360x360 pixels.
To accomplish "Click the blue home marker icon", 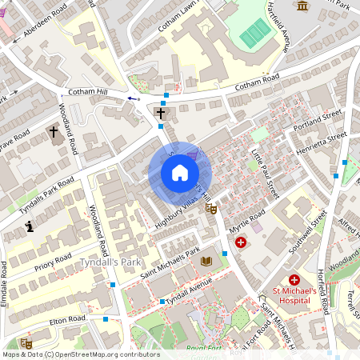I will (x=180, y=173).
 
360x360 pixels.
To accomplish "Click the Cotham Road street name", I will (x=257, y=82).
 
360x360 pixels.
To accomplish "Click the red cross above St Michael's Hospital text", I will (x=294, y=280).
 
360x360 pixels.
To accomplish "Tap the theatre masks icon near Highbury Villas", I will (x=210, y=209).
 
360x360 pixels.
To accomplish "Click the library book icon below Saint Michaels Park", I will (x=206, y=262).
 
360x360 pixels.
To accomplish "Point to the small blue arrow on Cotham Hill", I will (x=132, y=98).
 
